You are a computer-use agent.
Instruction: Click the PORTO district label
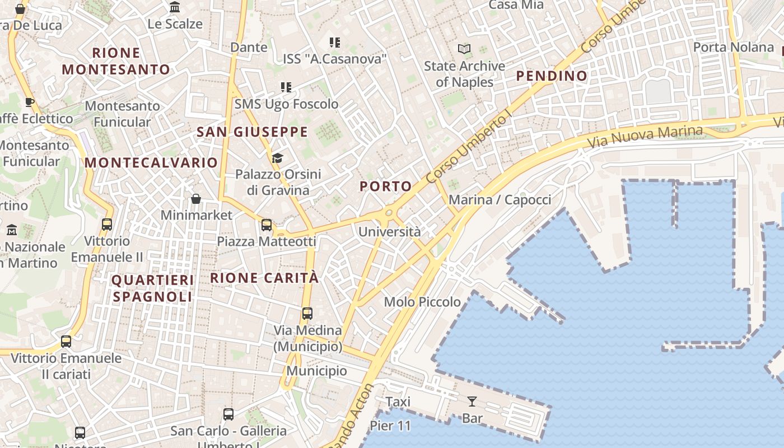385,186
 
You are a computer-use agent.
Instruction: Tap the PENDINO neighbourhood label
552,76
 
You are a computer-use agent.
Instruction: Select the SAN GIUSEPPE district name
252,132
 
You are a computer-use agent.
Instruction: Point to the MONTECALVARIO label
151,162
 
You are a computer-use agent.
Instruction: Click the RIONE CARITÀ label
264,278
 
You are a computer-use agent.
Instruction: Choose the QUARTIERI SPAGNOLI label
153,288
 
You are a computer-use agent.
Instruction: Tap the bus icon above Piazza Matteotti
267,225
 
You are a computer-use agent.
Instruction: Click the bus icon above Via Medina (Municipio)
307,314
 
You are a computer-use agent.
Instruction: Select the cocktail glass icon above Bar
472,401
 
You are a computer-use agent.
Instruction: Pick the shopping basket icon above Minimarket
196,199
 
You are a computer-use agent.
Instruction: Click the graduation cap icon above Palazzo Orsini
278,158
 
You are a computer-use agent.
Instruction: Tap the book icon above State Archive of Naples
464,49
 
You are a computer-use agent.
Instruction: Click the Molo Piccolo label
422,302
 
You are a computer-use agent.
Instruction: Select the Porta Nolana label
734,47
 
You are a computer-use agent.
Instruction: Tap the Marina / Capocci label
500,199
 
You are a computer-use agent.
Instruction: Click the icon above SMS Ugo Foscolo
286,87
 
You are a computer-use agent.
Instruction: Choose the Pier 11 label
390,426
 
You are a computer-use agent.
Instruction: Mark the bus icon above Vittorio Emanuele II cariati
66,342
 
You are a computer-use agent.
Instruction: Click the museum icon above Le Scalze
175,8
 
